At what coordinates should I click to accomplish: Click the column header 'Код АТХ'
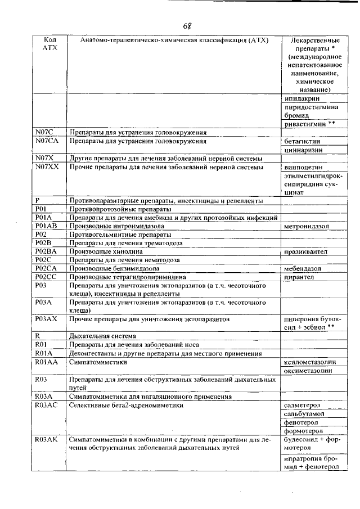48,44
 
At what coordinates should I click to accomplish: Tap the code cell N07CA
47,141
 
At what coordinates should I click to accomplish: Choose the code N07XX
47,167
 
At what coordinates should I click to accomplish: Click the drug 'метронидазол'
307,226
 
